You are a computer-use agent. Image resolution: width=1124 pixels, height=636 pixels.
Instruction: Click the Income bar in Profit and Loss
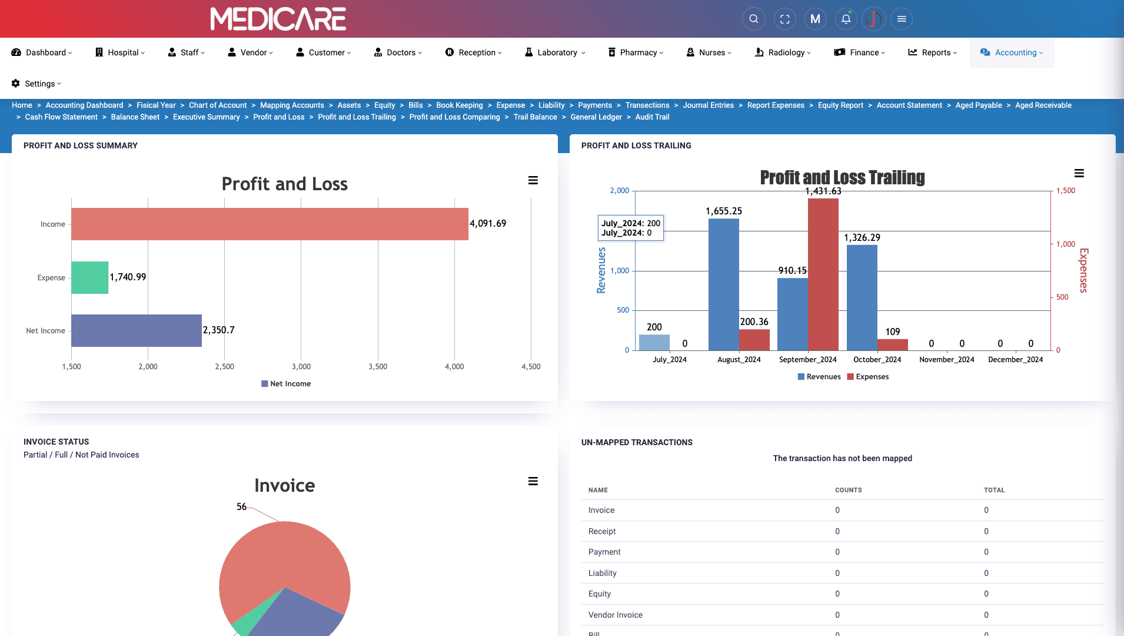pyautogui.click(x=270, y=224)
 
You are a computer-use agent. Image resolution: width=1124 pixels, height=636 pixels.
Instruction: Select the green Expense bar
pyautogui.click(x=89, y=277)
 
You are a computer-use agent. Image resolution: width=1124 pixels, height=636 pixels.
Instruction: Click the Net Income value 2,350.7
pyautogui.click(x=218, y=330)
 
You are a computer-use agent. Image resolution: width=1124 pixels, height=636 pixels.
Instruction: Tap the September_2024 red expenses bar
pyautogui.click(x=823, y=274)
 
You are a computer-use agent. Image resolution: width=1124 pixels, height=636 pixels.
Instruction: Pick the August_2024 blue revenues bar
pyautogui.click(x=723, y=284)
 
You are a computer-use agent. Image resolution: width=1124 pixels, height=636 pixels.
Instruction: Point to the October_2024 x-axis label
pyautogui.click(x=877, y=360)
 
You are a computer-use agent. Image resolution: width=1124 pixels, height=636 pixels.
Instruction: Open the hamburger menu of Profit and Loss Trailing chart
pyautogui.click(x=1079, y=173)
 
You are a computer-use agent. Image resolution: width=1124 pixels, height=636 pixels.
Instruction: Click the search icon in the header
pyautogui.click(x=753, y=19)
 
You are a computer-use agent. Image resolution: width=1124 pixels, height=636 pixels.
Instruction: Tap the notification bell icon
pyautogui.click(x=846, y=19)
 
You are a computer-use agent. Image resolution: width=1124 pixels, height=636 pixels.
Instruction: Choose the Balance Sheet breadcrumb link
pyautogui.click(x=135, y=117)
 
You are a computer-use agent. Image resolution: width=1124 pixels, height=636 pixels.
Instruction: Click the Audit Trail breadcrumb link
pyautogui.click(x=652, y=117)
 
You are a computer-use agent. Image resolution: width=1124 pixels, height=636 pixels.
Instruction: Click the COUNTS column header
pyautogui.click(x=848, y=490)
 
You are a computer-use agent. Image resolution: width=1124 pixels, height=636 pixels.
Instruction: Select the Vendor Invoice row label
pyautogui.click(x=615, y=615)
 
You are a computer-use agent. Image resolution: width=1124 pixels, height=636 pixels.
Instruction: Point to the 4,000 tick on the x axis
pyautogui.click(x=454, y=366)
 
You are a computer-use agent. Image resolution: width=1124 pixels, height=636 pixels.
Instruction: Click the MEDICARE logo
pyautogui.click(x=278, y=19)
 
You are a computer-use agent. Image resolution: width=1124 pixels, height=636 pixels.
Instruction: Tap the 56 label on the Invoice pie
pyautogui.click(x=241, y=506)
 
